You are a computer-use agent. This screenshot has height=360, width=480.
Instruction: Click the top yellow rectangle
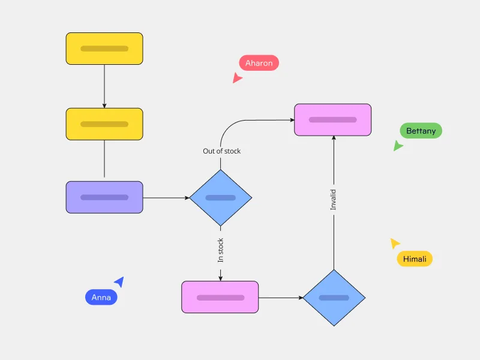pos(104,49)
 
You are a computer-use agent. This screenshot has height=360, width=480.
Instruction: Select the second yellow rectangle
pos(104,124)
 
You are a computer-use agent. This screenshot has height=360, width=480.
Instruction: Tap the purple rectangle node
pos(104,197)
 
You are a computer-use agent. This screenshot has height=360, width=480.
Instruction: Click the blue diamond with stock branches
pos(221,197)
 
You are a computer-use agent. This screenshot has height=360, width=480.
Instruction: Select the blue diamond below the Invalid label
pos(334,298)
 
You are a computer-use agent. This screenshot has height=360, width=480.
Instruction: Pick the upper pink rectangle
pos(332,119)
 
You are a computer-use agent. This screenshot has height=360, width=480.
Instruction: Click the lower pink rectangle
pos(220,297)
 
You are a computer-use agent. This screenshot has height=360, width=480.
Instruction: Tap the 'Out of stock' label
pos(221,151)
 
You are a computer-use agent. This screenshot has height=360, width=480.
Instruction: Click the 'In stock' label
pos(220,250)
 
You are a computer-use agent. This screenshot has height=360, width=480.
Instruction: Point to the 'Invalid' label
pos(334,200)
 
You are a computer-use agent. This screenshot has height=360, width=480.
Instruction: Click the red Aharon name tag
pos(259,63)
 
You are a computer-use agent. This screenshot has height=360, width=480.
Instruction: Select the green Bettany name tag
pos(421,131)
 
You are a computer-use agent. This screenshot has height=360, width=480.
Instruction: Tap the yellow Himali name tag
pos(415,259)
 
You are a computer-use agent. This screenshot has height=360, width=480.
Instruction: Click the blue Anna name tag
pos(101,297)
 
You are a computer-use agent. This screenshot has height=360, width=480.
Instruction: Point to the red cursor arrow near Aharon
pos(237,78)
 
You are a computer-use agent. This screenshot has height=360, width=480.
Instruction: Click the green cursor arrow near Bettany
pos(398,146)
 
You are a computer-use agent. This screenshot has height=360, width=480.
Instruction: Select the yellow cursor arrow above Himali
pos(394,243)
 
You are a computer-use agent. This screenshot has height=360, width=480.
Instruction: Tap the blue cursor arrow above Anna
pos(119,281)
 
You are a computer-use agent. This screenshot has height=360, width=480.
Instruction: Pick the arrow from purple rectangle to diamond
pos(166,197)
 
